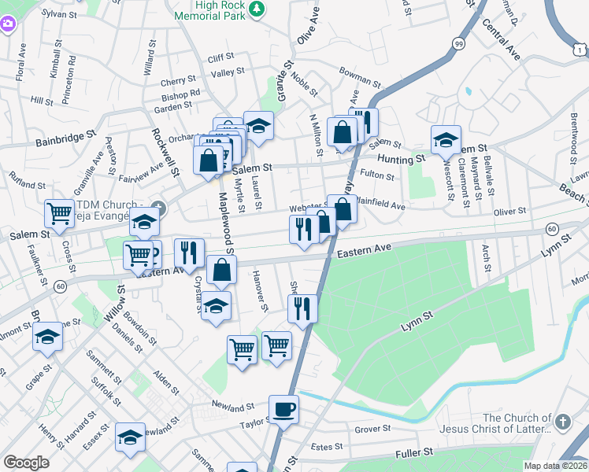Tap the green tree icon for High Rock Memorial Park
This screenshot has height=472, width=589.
pos(257,9)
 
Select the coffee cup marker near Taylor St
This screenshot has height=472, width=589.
pos(283,409)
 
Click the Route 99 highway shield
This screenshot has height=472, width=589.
pos(458,45)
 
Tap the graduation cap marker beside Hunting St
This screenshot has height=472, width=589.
pos(446,140)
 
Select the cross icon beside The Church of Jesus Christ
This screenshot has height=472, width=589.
pos(561,422)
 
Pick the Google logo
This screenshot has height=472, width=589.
pos(26,463)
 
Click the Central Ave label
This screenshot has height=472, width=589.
pos(502,41)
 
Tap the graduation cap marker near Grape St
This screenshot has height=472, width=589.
pos(47,338)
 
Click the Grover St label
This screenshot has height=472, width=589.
pos(372,430)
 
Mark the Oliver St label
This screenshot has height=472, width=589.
pos(509,212)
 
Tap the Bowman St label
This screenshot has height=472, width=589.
pos(359,72)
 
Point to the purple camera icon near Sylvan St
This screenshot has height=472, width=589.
pos(8,24)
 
